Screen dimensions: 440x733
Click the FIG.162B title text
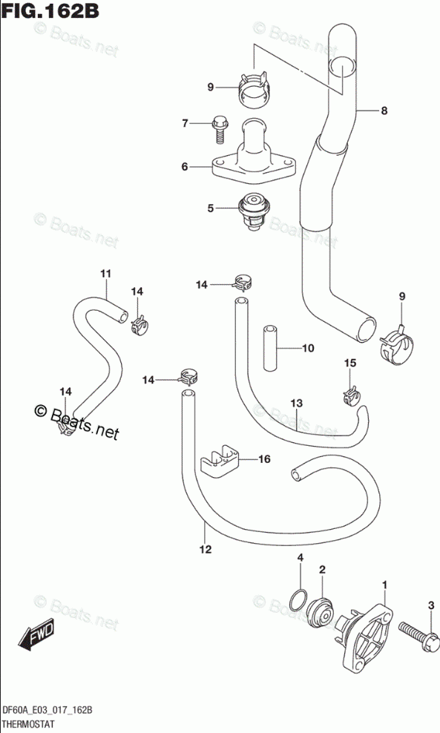pos(50,10)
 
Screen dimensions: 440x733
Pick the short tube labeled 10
pos(269,348)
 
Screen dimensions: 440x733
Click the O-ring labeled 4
pos(298,600)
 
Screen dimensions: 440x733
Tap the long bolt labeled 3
pos(419,634)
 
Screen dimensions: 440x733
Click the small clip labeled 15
pos(350,395)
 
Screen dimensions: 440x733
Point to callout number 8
pos(384,111)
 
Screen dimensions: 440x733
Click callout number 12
pos(206,549)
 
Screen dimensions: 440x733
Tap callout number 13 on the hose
pos(297,403)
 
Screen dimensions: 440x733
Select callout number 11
pos(106,274)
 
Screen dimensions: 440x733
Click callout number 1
pos(385,585)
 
